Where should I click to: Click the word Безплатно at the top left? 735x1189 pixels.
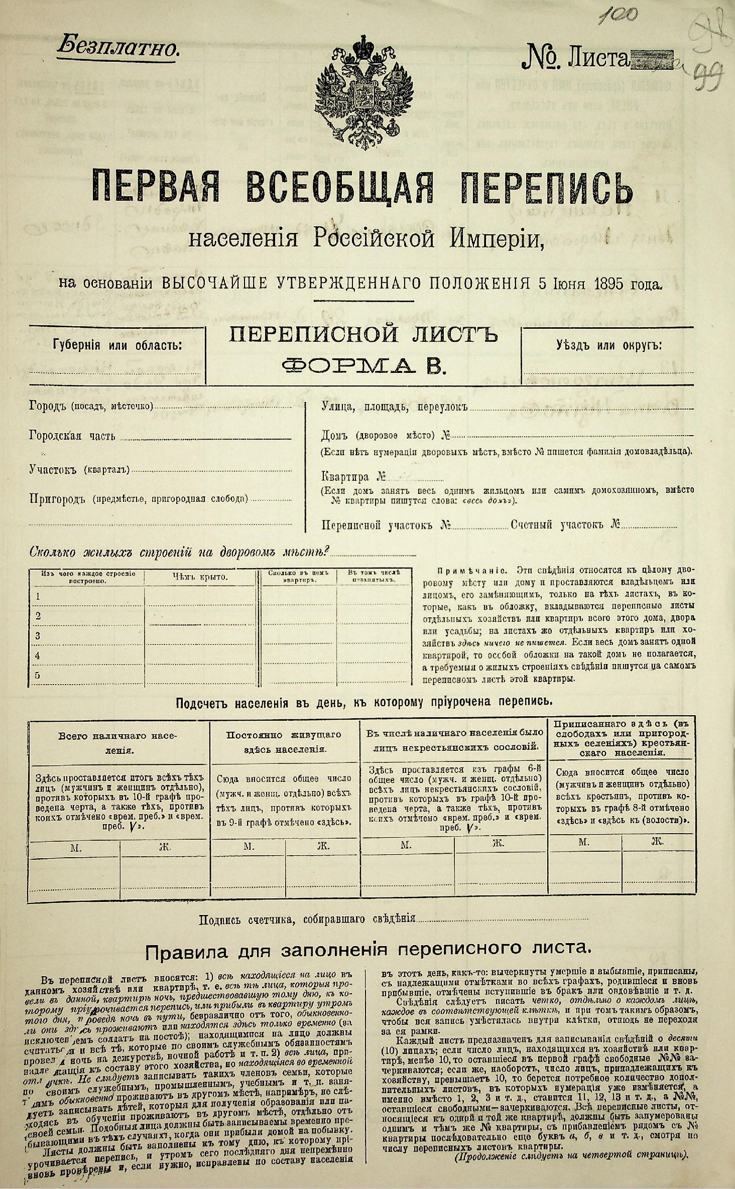[x=118, y=48]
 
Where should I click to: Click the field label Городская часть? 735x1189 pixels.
[x=72, y=436]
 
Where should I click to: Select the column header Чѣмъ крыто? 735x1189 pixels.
[x=200, y=577]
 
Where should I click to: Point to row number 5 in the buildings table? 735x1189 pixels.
[x=37, y=676]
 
